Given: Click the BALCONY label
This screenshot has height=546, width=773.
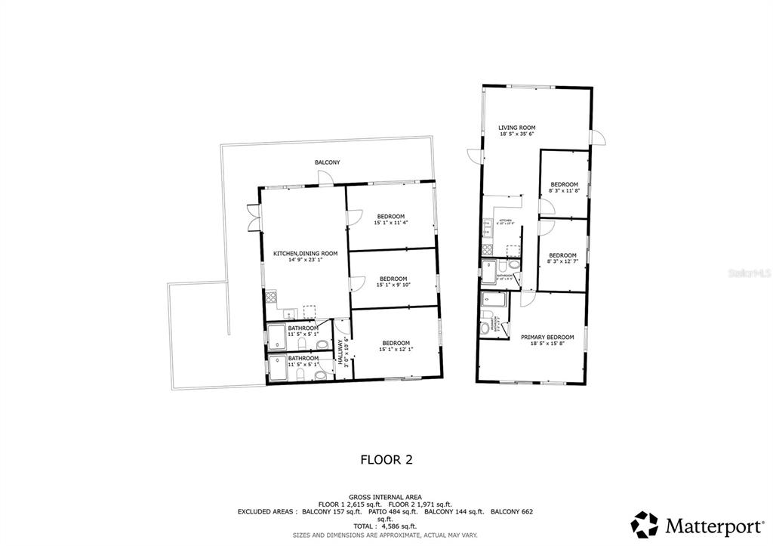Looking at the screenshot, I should pyautogui.click(x=328, y=162).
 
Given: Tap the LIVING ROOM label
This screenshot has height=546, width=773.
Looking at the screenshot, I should pyautogui.click(x=516, y=127).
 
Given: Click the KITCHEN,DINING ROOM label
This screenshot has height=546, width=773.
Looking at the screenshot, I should pyautogui.click(x=305, y=254).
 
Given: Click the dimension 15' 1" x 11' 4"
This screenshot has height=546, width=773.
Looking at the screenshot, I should pyautogui.click(x=390, y=223).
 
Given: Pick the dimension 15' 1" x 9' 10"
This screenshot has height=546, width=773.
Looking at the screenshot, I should pyautogui.click(x=393, y=285).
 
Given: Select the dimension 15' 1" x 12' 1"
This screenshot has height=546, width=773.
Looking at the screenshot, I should pyautogui.click(x=396, y=349).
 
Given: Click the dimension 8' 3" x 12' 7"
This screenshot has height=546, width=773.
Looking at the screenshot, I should pyautogui.click(x=562, y=262).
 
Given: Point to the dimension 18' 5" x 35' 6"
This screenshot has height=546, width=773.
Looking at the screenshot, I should pyautogui.click(x=516, y=134).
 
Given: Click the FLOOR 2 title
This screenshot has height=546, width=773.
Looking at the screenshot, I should pyautogui.click(x=386, y=458).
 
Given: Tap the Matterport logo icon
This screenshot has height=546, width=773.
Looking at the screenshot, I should pyautogui.click(x=645, y=525).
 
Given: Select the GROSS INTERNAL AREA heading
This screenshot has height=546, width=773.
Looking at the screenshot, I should pyautogui.click(x=386, y=496).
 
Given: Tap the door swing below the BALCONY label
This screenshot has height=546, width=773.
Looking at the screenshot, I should pyautogui.click(x=325, y=177).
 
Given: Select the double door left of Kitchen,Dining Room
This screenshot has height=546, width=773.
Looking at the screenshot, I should pyautogui.click(x=253, y=217).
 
